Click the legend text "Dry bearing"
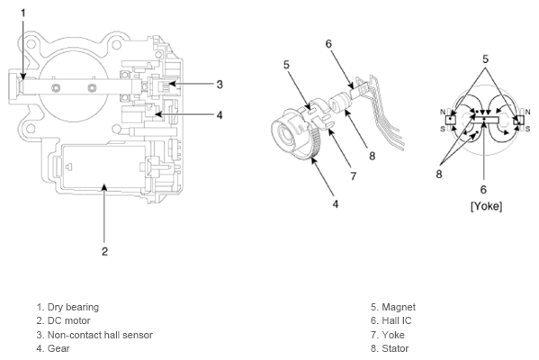(73, 307)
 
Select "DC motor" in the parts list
(68, 320)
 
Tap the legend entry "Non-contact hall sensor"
(100, 335)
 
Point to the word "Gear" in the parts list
(58, 348)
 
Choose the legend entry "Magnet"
(399, 307)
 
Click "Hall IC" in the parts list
(397, 320)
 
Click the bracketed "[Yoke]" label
(487, 206)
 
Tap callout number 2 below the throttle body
(105, 251)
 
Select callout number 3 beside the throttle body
(220, 85)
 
